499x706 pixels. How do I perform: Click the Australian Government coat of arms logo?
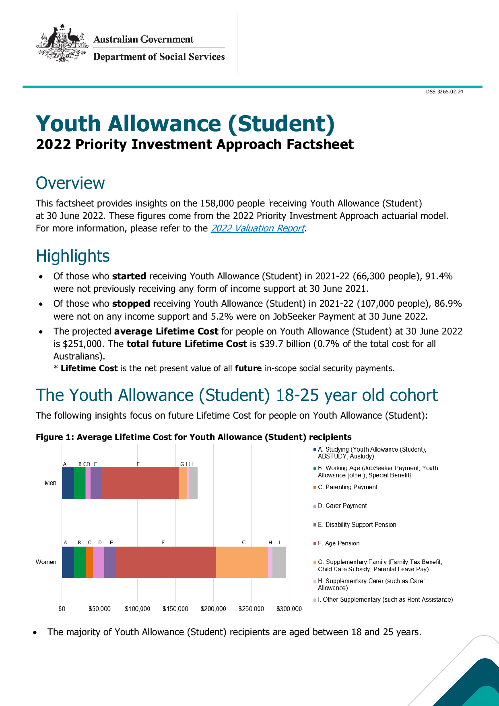coord(62,43)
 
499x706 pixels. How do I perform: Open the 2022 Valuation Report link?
coord(258,228)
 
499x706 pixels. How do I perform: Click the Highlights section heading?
coord(73,256)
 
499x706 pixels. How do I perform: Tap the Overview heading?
coord(70,183)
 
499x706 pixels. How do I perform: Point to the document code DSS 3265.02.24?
coord(444,92)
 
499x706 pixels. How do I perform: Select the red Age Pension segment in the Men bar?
coord(140,483)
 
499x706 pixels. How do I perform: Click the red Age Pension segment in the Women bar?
coord(166,562)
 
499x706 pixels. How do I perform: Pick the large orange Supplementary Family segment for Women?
coord(241,562)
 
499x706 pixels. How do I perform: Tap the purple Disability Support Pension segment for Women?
coord(110,562)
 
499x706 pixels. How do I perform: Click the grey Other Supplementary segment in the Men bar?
coord(193,483)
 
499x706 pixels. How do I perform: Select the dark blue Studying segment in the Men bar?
coord(68,483)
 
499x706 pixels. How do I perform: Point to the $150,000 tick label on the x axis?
coord(175,609)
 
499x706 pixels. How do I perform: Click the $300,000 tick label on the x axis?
coord(289,609)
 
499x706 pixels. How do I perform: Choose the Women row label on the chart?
coord(46,562)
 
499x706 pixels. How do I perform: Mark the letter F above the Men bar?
coord(138,464)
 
